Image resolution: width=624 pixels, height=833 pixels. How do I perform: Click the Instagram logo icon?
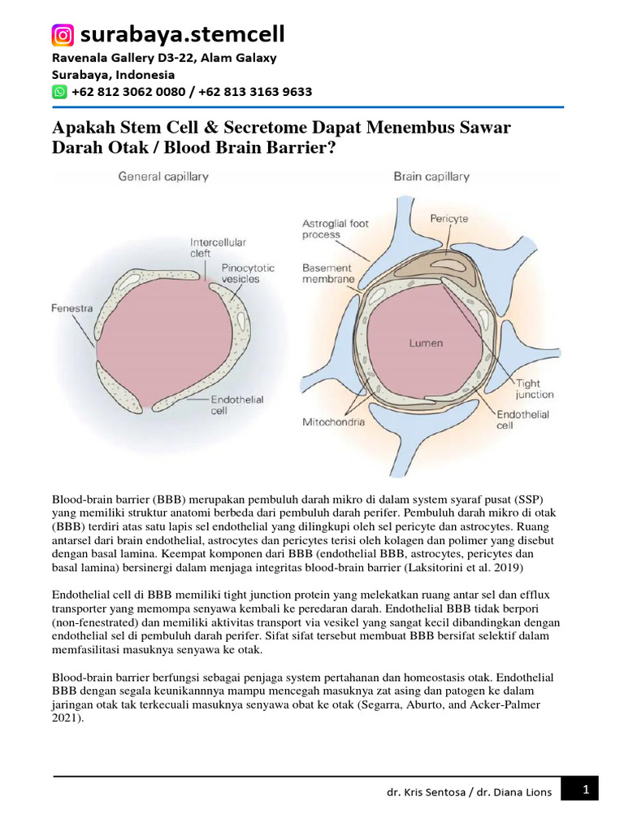[63, 35]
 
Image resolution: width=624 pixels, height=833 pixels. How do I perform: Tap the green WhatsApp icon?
[59, 92]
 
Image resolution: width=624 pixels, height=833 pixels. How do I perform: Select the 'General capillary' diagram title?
[163, 176]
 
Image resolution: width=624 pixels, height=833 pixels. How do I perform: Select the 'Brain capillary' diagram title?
[431, 176]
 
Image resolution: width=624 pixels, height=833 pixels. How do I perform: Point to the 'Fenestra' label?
[71, 308]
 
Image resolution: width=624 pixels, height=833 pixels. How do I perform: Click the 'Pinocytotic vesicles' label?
[248, 273]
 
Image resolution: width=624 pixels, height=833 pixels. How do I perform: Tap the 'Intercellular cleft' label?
[218, 247]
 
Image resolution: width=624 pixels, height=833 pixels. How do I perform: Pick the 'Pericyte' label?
[448, 219]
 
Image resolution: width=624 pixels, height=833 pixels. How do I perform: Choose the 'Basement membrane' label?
[328, 273]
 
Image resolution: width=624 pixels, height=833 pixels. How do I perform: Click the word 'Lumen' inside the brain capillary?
[426, 343]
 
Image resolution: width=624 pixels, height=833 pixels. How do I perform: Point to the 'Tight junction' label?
[534, 389]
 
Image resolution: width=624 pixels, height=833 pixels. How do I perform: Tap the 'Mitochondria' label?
[333, 422]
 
